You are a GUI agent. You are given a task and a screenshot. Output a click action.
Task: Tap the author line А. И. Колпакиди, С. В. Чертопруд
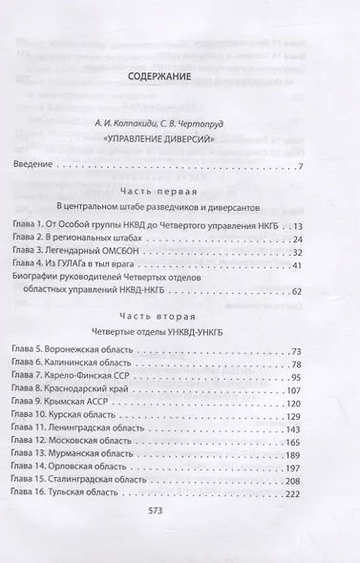click(x=179, y=122)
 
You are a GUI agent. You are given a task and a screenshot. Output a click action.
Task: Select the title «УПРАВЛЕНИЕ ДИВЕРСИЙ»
click(x=179, y=140)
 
